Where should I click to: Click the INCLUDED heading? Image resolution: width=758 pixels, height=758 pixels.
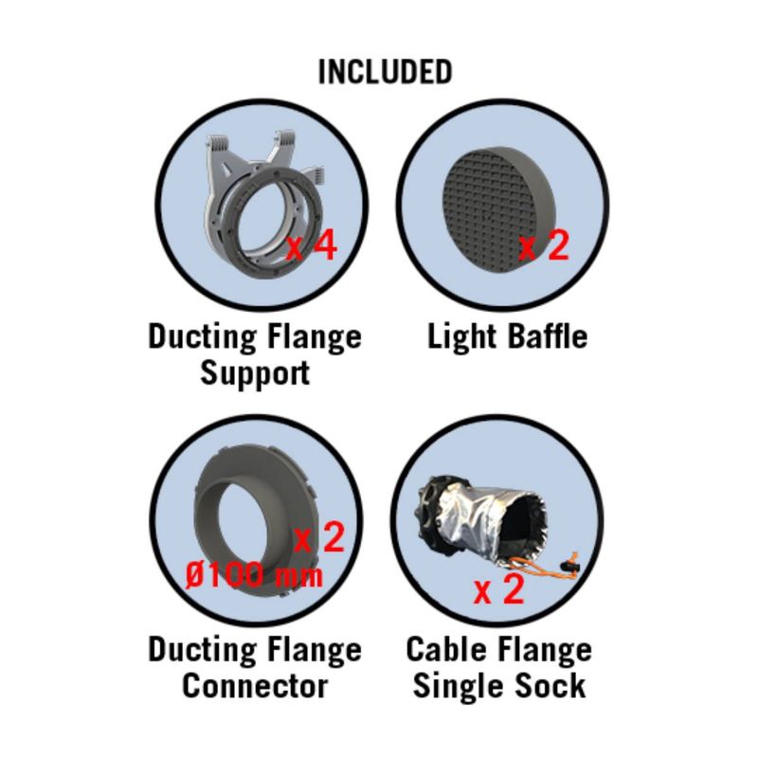[385, 72]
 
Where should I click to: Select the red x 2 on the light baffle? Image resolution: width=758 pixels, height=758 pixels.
[544, 245]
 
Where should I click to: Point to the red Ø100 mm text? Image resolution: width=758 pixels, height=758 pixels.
[254, 575]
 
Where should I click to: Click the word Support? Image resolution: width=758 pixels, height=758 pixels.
[255, 373]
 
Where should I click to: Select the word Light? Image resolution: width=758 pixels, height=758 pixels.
[462, 337]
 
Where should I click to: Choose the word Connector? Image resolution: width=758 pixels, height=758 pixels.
[255, 685]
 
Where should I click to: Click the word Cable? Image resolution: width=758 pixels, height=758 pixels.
[447, 649]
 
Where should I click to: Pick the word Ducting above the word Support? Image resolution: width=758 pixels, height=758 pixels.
[202, 337]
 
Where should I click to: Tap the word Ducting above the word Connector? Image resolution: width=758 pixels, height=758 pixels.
[202, 650]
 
